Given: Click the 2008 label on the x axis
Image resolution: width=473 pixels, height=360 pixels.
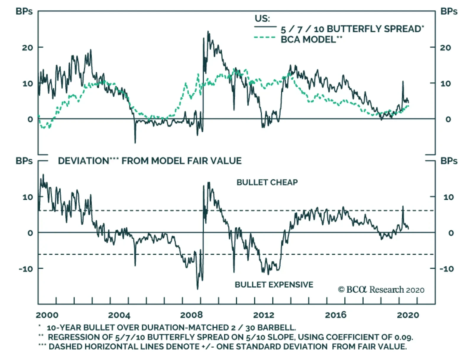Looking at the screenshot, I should [x=191, y=315].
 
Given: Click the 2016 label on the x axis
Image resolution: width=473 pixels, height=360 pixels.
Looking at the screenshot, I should [x=336, y=315].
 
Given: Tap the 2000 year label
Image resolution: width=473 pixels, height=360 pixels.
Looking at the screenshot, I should [x=47, y=315].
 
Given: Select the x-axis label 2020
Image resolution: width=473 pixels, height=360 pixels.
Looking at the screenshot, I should [x=408, y=315].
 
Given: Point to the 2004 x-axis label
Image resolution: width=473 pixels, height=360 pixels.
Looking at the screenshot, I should [x=119, y=315].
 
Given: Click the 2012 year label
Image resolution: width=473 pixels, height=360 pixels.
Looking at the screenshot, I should [x=263, y=315].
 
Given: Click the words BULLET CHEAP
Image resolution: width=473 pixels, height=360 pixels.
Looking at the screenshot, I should [x=267, y=182].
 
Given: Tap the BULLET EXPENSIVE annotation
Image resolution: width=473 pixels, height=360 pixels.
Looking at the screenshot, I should [x=274, y=285].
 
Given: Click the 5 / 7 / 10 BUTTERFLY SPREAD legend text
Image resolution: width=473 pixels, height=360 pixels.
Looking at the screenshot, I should [x=352, y=29].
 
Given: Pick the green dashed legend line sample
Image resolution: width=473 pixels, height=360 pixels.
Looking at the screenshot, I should [x=265, y=38].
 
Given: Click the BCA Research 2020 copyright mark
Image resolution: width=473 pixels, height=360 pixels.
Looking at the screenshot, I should [x=381, y=290].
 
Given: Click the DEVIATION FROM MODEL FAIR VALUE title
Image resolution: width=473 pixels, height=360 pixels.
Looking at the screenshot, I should [x=150, y=161].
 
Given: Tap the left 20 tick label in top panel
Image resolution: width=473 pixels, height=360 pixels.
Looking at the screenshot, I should [x=27, y=48].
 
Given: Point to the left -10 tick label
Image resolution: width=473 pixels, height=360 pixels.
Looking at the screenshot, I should [x=27, y=269].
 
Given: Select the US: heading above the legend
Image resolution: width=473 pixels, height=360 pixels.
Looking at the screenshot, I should [x=262, y=19].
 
